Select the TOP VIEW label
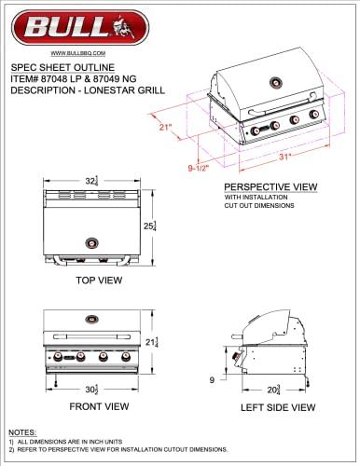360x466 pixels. point(91,278)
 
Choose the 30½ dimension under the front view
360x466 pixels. point(90,389)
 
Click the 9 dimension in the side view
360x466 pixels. point(214,378)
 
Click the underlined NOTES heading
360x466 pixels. point(22,433)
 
